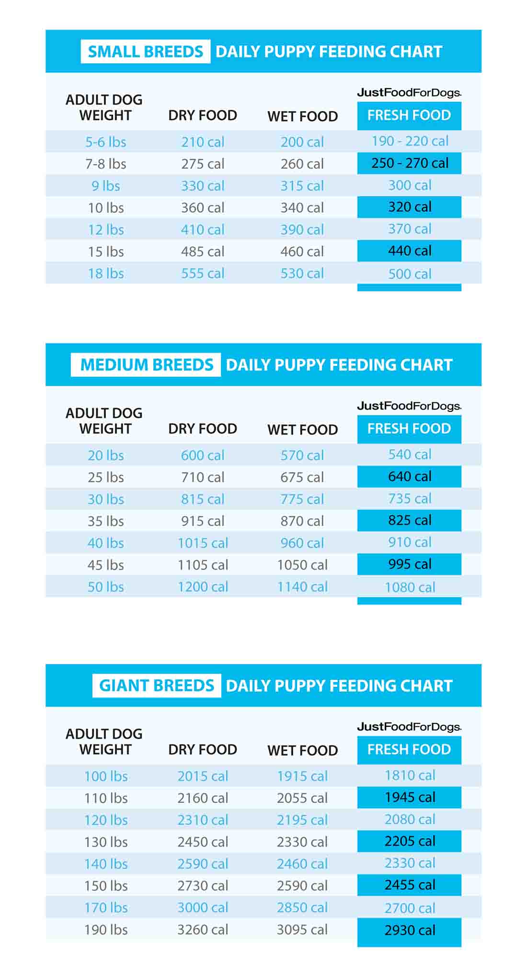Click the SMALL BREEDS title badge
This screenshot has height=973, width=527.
[x=145, y=51]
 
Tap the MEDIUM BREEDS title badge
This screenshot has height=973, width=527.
[x=146, y=365]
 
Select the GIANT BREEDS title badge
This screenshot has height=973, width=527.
[x=157, y=685]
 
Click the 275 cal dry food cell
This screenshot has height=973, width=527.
[x=203, y=164]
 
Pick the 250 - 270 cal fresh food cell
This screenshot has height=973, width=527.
[x=410, y=163]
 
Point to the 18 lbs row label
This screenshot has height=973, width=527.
[x=106, y=274]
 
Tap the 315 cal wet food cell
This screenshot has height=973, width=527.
[x=302, y=186]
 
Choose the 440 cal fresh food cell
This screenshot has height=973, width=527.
[x=410, y=251]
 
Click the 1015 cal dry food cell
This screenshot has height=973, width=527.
[x=203, y=543]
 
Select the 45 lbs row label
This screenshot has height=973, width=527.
[x=106, y=565]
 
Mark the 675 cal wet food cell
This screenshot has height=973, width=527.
[x=302, y=477]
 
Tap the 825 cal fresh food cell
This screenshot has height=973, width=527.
[x=410, y=520]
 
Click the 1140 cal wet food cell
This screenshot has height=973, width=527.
[x=302, y=587]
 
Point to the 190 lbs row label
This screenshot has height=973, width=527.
[x=106, y=930]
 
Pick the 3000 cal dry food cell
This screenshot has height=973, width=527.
[x=203, y=908]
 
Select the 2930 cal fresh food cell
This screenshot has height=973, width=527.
[x=410, y=930]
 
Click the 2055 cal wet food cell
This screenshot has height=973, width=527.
[x=302, y=798]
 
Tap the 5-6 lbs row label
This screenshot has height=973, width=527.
[x=106, y=142]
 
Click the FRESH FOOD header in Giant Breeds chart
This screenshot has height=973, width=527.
[x=409, y=749]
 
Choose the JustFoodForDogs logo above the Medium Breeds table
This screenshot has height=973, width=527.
[x=409, y=406]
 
